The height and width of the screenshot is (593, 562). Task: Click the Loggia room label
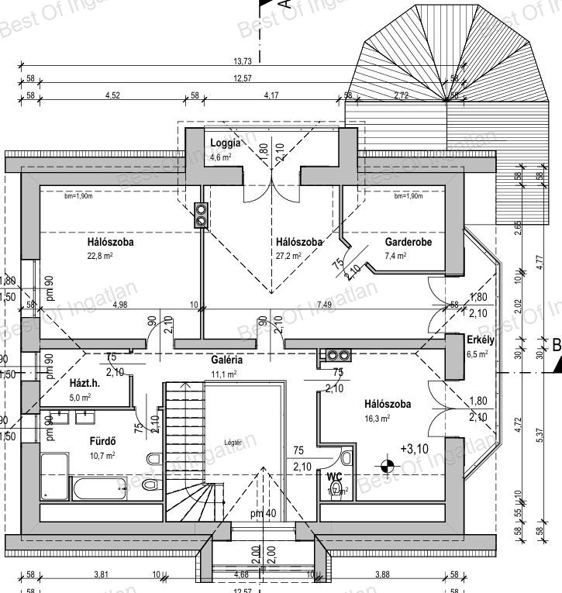[x=226, y=143]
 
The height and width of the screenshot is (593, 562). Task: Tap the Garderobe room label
[x=408, y=243]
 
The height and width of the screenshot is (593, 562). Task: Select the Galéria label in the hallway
[x=227, y=360]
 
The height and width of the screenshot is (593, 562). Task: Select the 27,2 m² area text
[x=288, y=256]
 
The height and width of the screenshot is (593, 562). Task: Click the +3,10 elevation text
[x=413, y=449]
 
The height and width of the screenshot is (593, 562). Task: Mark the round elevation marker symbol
[x=388, y=466]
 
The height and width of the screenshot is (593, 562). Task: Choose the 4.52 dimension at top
[x=112, y=95]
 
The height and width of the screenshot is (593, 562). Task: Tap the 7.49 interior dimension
[x=324, y=305]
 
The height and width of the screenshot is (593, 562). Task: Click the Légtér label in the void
[x=233, y=443]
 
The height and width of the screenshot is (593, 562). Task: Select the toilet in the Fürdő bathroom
[x=153, y=484]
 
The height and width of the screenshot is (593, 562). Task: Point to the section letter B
[x=556, y=344]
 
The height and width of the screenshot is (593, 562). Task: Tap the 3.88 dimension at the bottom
[x=380, y=574]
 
